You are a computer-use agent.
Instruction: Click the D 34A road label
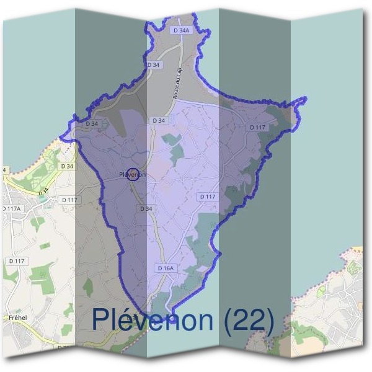pos(181,30)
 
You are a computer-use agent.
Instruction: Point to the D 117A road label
pos(11,209)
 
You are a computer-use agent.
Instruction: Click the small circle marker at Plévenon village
pos(132,174)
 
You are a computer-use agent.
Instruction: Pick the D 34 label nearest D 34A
pos(154,64)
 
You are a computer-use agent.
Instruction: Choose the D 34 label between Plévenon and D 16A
pos(146,209)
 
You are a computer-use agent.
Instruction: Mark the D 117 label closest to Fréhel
pos(17,261)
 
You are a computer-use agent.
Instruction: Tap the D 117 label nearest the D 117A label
pos(69,200)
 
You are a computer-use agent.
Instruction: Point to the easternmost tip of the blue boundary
pos(306,99)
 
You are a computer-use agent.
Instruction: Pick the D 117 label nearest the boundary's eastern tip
pos(257,127)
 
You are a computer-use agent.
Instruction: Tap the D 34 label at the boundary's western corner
pos(92,124)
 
